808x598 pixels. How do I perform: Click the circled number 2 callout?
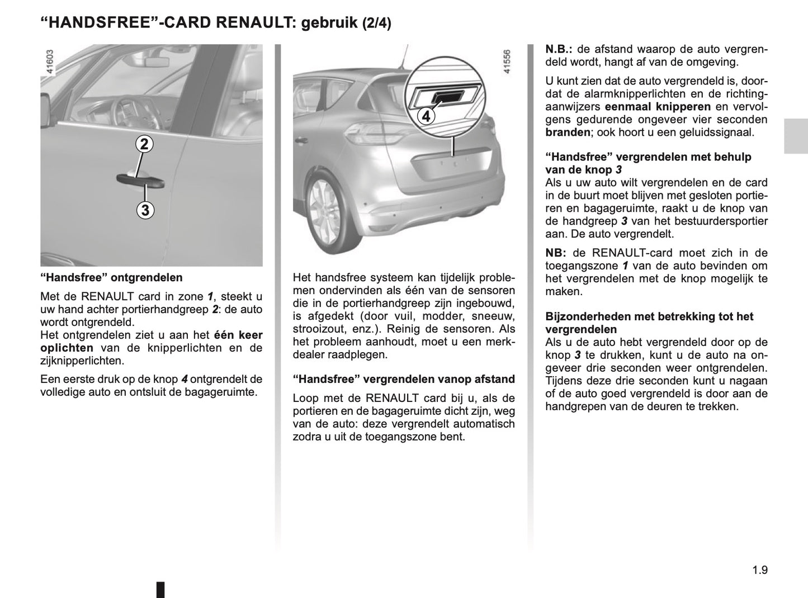point(144,144)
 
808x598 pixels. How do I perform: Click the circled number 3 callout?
point(145,210)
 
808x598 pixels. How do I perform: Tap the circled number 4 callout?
point(426,117)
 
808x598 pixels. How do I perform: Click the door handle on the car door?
point(140,179)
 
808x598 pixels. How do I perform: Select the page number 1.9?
point(760,570)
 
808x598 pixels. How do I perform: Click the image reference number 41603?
point(50,62)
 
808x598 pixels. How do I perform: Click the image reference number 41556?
point(507,62)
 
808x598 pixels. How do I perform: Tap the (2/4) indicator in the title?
point(377,23)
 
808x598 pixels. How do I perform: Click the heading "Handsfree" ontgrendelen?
point(111,277)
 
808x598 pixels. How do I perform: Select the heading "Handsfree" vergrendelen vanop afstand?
point(404,379)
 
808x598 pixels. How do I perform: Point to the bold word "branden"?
point(568,132)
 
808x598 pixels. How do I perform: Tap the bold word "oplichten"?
point(67,348)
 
